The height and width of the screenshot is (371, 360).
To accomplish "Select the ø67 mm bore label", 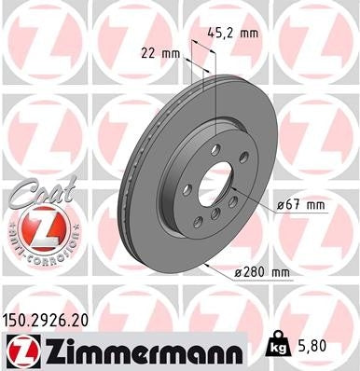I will coord(299,203).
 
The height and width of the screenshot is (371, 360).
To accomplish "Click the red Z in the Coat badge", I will coord(42,227).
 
